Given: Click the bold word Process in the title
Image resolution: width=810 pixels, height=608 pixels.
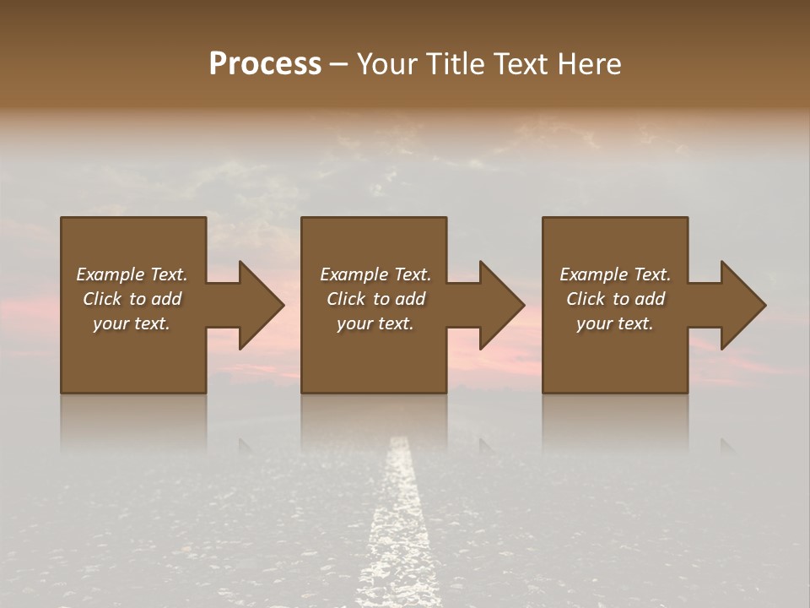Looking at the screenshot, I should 265,64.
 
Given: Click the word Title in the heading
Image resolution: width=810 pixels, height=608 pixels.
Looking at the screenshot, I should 454,64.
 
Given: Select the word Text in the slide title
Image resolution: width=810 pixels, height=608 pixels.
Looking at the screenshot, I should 521,64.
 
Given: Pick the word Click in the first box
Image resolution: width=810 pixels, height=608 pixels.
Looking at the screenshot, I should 102,299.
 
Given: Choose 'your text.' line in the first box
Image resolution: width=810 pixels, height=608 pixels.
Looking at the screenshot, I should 132,323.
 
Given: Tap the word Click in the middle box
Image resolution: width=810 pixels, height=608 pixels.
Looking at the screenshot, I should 346,299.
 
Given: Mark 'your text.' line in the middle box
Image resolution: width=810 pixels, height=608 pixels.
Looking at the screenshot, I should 375,323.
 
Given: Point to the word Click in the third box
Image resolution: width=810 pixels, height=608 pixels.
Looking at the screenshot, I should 586,299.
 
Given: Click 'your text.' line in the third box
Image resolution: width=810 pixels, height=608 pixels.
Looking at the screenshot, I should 615,323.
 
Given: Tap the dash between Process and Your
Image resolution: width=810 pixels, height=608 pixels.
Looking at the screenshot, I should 339,65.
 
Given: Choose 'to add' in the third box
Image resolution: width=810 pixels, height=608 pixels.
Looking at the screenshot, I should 643,299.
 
